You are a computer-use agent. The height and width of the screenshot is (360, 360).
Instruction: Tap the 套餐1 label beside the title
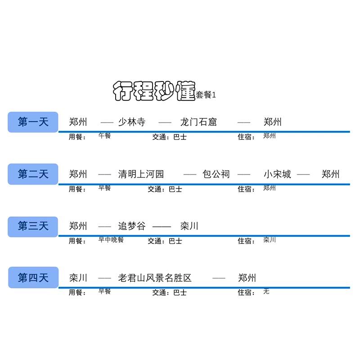(206, 95)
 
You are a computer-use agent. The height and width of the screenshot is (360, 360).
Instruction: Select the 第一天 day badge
(33, 122)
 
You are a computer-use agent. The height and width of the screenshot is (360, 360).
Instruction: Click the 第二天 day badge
(33, 174)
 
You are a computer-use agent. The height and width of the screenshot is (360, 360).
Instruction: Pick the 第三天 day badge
(33, 226)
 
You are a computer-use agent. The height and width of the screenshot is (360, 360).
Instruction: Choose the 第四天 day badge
(33, 278)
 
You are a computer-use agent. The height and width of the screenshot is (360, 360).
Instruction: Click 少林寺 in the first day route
(131, 122)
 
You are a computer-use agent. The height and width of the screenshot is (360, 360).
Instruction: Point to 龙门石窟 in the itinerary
(198, 122)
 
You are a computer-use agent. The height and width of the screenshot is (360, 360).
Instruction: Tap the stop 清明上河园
(141, 174)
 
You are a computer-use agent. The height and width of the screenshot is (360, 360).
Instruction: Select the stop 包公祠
(216, 174)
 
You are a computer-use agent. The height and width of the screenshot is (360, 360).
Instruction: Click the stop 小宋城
(277, 174)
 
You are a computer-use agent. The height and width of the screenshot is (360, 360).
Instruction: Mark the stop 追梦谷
(132, 226)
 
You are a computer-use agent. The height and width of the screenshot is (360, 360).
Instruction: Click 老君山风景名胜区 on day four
(155, 278)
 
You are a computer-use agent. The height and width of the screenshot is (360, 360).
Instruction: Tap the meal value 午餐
(104, 135)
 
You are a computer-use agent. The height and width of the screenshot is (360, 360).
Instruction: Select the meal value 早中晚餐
(111, 239)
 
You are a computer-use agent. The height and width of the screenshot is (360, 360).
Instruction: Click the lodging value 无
(266, 292)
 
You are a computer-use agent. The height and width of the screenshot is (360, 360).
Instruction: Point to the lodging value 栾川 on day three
(270, 239)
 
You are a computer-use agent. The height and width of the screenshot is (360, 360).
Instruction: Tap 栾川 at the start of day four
(78, 278)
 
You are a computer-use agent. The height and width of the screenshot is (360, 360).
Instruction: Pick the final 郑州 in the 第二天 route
(331, 174)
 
